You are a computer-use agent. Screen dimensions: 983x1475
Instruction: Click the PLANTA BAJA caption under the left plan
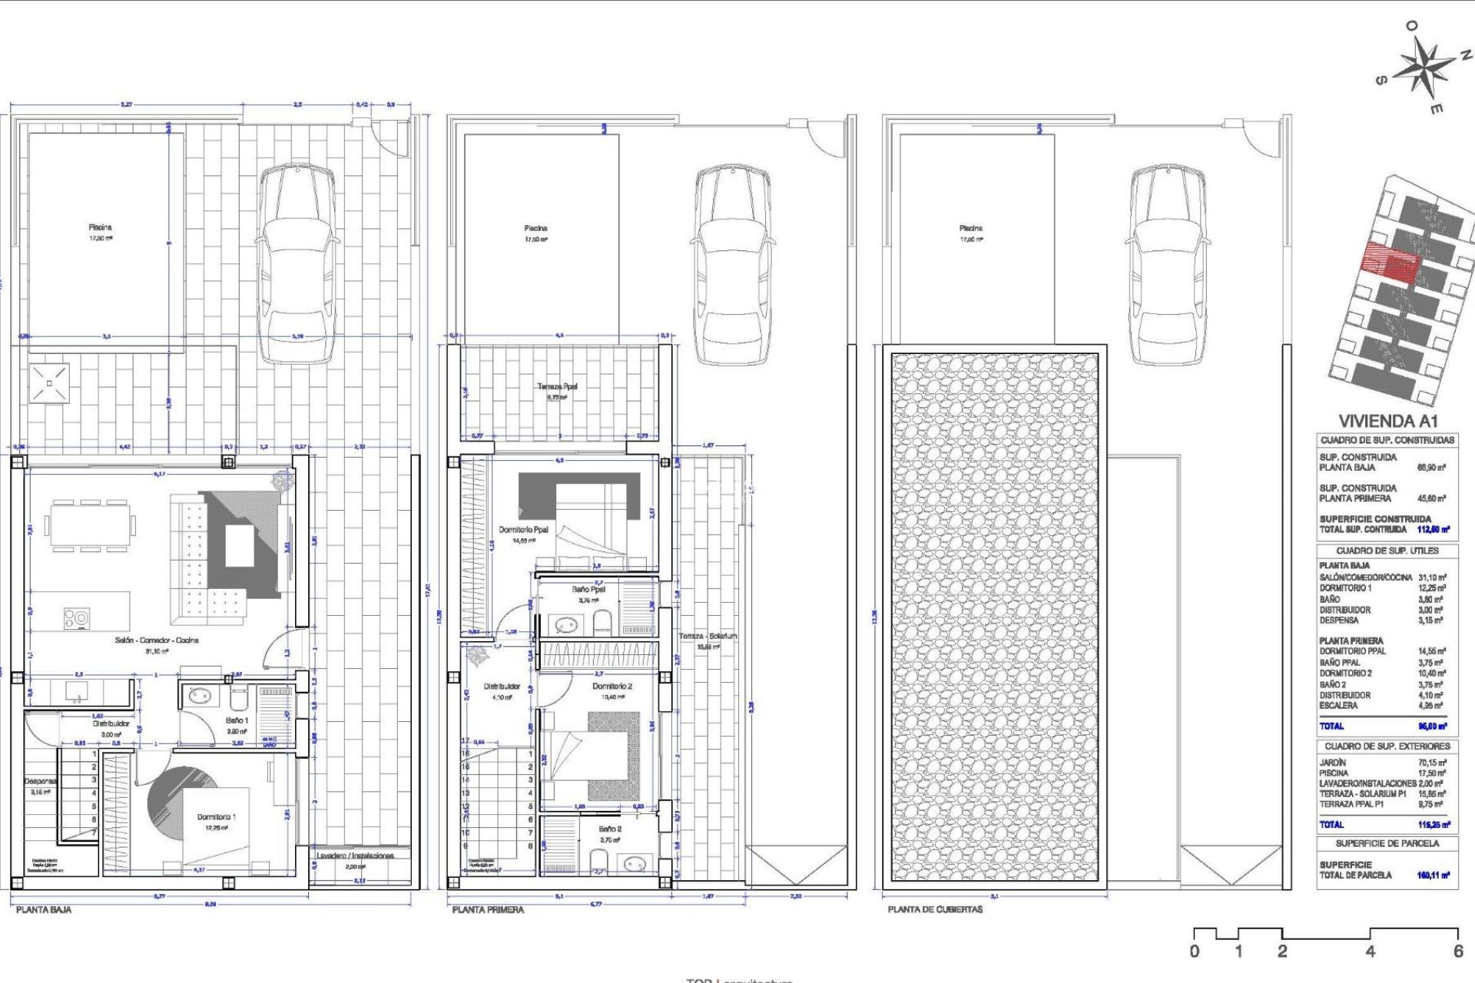tap(44, 909)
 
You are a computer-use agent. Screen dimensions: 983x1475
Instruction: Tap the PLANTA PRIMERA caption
tap(488, 909)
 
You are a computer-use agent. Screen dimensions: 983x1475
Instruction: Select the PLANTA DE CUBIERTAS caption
tap(935, 909)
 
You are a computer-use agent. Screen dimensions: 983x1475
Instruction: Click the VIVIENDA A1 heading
tap(1387, 421)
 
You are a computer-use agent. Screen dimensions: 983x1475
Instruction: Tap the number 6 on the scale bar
tap(1457, 952)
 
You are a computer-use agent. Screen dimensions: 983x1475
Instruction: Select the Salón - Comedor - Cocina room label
tap(157, 640)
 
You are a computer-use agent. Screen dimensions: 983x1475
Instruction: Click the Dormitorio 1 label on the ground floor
tap(217, 817)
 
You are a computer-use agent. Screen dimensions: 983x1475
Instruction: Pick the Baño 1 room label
tap(237, 720)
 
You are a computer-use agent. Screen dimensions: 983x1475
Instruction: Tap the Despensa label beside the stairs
tap(40, 781)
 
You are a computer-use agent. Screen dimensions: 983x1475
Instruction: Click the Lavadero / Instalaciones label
tap(356, 856)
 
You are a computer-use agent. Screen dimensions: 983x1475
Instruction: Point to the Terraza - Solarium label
tap(708, 636)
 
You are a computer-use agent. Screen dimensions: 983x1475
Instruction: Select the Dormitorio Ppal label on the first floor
tap(523, 530)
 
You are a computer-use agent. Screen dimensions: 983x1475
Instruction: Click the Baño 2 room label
tap(610, 829)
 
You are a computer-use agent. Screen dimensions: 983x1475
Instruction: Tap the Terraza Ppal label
tap(557, 387)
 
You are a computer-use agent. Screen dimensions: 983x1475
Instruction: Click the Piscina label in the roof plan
tap(970, 228)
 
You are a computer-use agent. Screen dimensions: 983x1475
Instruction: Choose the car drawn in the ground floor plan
tap(297, 261)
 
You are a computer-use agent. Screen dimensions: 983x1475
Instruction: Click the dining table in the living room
tap(90, 526)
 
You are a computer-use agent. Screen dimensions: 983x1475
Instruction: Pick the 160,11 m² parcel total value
tap(1433, 875)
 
